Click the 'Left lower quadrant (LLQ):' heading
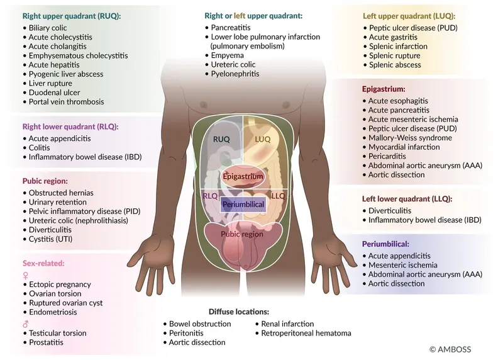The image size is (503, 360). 407,198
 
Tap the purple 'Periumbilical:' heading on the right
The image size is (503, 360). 385,244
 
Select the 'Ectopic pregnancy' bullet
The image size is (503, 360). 60,284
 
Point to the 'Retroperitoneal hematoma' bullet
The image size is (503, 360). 306,333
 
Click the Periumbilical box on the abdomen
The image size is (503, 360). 243,205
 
